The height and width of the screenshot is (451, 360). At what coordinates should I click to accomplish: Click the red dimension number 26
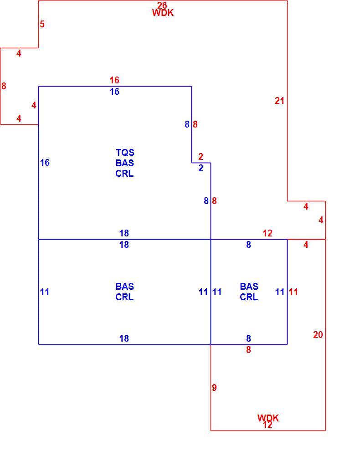[162, 5]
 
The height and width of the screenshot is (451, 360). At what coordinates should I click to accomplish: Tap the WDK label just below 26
[163, 13]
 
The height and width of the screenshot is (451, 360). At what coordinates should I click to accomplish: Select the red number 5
[42, 24]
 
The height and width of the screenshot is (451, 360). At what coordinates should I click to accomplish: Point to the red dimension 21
[279, 101]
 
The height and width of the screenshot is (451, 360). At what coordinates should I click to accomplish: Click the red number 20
[318, 335]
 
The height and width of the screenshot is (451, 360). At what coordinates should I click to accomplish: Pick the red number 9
[214, 388]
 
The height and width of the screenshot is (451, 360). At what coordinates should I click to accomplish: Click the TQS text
[125, 153]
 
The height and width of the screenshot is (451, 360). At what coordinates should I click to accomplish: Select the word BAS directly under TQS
[124, 163]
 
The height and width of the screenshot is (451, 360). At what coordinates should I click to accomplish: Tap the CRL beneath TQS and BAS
[124, 174]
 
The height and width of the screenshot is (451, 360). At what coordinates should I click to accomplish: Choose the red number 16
[114, 80]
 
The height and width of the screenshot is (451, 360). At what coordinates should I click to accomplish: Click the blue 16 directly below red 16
[114, 92]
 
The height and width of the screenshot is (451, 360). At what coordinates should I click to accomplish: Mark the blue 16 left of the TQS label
[45, 163]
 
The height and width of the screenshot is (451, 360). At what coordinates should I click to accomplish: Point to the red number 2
[201, 157]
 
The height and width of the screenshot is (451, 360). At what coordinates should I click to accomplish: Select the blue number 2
[201, 168]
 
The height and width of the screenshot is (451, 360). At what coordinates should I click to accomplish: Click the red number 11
[293, 292]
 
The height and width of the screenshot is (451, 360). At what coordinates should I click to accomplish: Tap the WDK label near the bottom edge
[268, 418]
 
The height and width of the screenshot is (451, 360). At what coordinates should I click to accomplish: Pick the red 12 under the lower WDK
[267, 425]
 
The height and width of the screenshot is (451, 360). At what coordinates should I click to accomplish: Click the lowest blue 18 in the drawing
[124, 338]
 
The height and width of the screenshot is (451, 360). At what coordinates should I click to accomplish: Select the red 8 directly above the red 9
[248, 350]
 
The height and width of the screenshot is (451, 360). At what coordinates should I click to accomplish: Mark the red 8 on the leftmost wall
[4, 86]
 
